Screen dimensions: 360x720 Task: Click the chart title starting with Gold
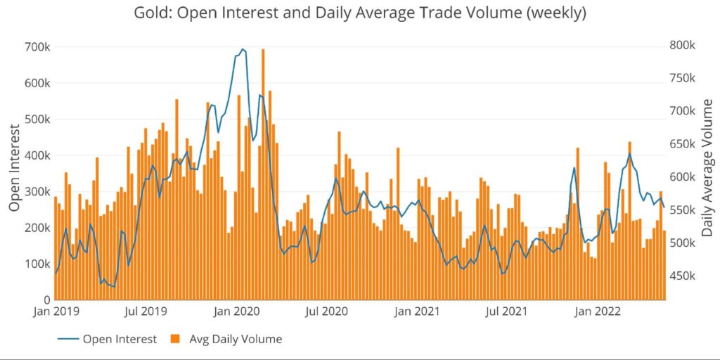pyautogui.click(x=360, y=13)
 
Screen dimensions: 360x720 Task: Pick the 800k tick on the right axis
pyautogui.click(x=682, y=45)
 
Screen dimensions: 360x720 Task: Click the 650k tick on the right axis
pyautogui.click(x=682, y=144)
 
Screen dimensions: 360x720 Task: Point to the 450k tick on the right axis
pyautogui.click(x=682, y=276)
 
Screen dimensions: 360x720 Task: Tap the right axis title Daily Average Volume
pyautogui.click(x=707, y=167)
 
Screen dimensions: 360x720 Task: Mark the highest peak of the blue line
pyautogui.click(x=243, y=49)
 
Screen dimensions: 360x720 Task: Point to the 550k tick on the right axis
pyautogui.click(x=682, y=210)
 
